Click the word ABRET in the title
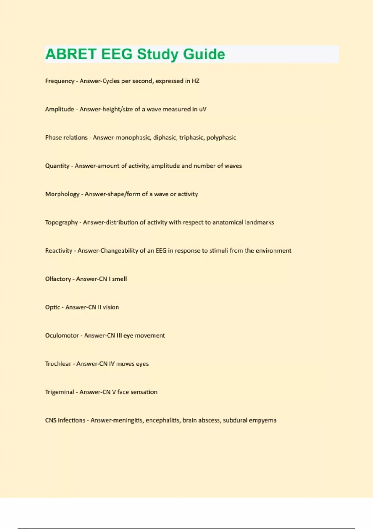tap(71, 54)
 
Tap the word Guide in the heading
tap(204, 54)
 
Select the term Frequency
tap(60, 81)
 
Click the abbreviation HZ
tap(196, 81)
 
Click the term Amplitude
tap(60, 109)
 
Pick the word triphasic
tap(191, 138)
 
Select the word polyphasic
tap(221, 138)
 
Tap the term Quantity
tap(57, 166)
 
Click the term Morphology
tap(62, 194)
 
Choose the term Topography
tap(61, 222)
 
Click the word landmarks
tap(259, 222)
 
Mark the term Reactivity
tap(59, 251)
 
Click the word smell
tap(119, 279)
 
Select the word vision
tap(111, 307)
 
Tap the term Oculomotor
tap(62, 335)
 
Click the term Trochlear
tap(58, 364)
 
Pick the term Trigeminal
tap(60, 392)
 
